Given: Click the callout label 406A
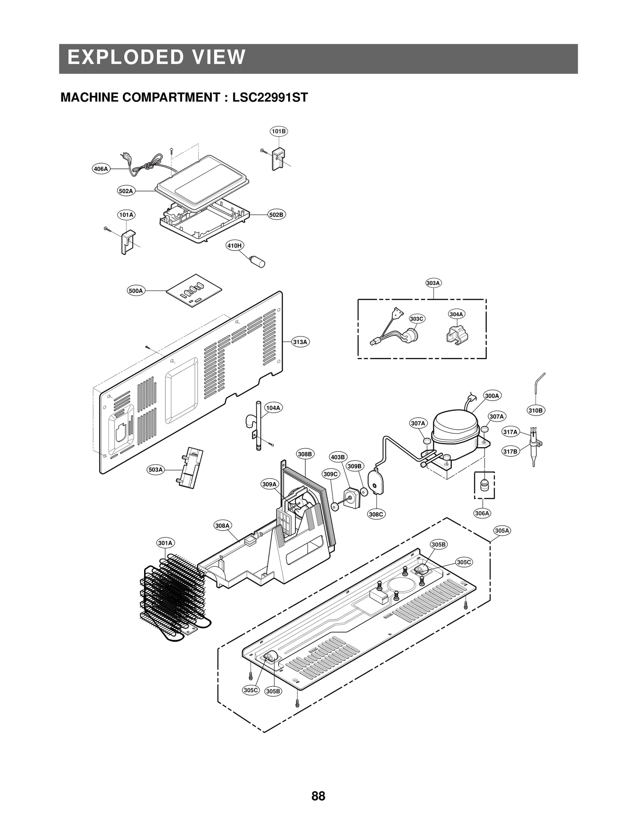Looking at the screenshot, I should (x=100, y=169).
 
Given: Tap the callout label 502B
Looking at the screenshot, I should (x=276, y=215).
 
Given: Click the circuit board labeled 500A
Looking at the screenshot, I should (x=193, y=291).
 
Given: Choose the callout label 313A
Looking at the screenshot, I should (x=300, y=342).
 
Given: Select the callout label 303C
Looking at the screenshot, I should (x=417, y=319).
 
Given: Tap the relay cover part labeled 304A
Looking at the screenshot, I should (x=457, y=335).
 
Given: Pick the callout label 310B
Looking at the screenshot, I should (x=535, y=410).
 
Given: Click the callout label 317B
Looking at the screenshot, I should (x=510, y=451).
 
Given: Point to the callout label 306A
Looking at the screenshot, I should (x=482, y=513).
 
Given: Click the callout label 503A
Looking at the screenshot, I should (x=155, y=470).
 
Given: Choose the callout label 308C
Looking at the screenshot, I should (x=375, y=514).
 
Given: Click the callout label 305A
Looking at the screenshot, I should (x=502, y=530).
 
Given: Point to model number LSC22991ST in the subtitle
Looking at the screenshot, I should (x=270, y=98).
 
